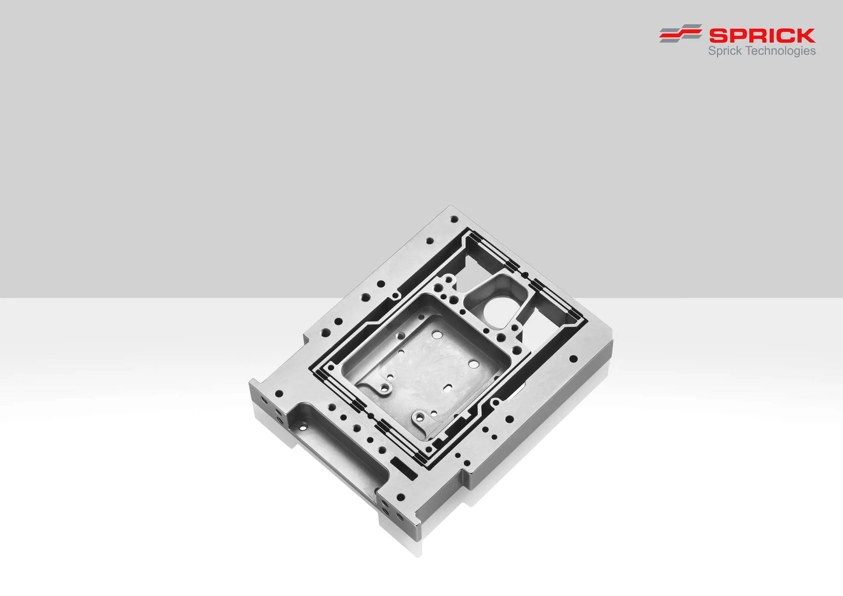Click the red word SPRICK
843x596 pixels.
click(762, 36)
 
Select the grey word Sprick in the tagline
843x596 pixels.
click(725, 51)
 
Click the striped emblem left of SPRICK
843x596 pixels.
click(681, 33)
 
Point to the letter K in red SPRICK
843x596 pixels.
click(806, 36)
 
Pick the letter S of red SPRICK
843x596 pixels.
click(718, 36)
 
